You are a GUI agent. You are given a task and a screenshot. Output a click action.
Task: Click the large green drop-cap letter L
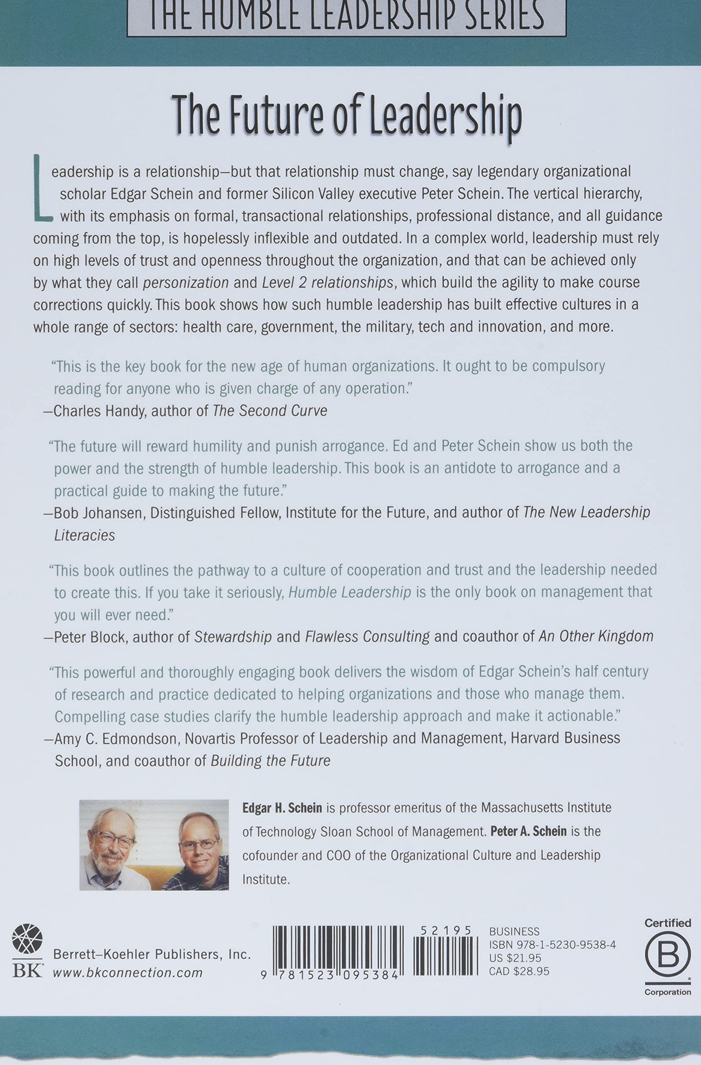[x=42, y=188]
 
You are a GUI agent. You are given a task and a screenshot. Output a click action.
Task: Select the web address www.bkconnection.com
[x=127, y=972]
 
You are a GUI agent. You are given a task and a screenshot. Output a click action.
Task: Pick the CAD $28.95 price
[x=519, y=971]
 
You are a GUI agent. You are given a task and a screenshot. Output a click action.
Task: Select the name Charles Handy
[x=99, y=411]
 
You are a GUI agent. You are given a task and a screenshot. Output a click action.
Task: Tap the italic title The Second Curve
[x=270, y=411]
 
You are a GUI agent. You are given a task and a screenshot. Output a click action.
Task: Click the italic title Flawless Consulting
[x=367, y=637]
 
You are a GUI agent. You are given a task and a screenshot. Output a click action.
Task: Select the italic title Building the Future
[x=271, y=761]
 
